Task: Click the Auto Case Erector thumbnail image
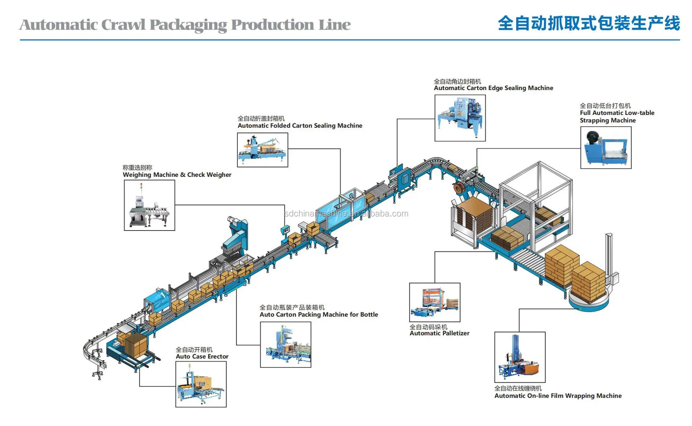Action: (x=201, y=384)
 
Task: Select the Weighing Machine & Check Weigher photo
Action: (x=149, y=205)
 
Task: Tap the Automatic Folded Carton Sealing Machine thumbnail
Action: (x=262, y=150)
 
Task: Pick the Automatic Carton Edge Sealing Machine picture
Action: (x=460, y=118)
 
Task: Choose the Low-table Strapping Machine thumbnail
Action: (x=605, y=147)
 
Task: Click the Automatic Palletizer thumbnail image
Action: (x=435, y=302)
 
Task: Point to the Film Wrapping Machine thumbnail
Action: (x=520, y=357)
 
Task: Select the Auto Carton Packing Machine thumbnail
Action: (x=285, y=345)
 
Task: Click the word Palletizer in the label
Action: (x=453, y=333)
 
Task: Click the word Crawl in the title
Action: (x=123, y=25)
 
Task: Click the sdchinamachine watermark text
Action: (x=346, y=214)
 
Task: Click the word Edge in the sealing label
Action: (x=495, y=88)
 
